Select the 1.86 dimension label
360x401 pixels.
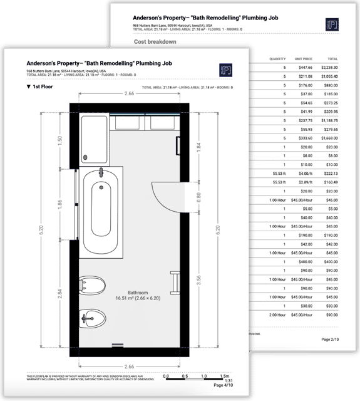(60, 204)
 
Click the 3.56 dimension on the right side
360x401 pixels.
(200, 280)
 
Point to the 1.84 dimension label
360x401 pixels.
(200, 147)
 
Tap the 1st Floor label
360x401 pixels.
(44, 87)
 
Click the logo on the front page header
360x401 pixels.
(225, 70)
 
